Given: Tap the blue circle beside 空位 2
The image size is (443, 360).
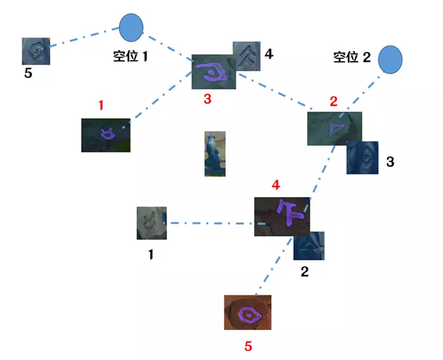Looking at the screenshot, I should click(390, 59).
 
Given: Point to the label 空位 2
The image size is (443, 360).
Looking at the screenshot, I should click(352, 57).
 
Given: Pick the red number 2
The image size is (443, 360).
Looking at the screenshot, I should click(334, 101).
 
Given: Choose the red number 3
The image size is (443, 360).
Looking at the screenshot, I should click(207, 98).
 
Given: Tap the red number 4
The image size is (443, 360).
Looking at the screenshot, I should click(276, 185).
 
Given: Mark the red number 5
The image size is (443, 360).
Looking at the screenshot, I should click(249, 346).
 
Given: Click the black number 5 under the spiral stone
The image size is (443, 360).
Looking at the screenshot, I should click(27, 74).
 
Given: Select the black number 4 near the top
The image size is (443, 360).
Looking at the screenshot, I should click(269, 55).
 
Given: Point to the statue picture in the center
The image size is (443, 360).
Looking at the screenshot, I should click(215, 154).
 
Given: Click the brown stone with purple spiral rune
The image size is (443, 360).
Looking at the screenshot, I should click(247, 312).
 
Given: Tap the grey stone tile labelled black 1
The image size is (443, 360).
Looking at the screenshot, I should click(151, 223).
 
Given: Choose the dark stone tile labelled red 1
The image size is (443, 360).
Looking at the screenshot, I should click(106, 135).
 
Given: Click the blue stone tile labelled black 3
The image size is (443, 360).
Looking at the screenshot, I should click(362, 157).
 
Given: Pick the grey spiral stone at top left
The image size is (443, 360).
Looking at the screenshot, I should click(36, 51).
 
